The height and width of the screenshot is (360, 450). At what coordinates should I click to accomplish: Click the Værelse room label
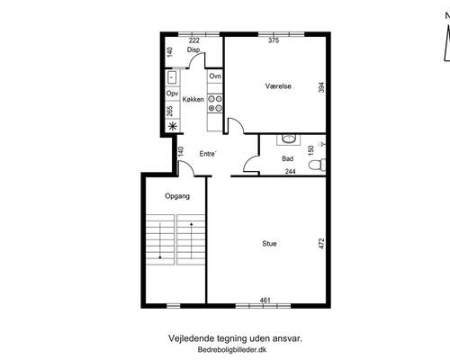click(278, 86)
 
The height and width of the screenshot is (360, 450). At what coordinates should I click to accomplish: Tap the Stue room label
click(269, 243)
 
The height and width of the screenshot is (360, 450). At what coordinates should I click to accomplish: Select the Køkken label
click(193, 99)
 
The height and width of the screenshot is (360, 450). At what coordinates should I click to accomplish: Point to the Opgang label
click(177, 196)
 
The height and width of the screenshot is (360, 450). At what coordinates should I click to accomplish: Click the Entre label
click(208, 154)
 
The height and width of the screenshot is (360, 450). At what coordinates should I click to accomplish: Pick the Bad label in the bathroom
click(287, 158)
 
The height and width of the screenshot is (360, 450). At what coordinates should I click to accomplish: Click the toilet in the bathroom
click(317, 165)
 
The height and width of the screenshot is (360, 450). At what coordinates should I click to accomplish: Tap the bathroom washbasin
click(289, 139)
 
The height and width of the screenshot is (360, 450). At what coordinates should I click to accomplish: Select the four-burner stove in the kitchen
click(215, 103)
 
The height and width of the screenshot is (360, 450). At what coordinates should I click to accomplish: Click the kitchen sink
click(172, 77)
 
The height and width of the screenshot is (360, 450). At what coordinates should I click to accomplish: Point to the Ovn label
click(215, 76)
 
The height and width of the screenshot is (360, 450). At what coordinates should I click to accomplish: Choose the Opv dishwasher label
click(172, 94)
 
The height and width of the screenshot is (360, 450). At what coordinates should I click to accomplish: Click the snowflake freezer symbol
click(172, 126)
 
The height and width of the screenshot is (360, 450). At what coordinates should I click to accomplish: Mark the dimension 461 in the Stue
click(265, 300)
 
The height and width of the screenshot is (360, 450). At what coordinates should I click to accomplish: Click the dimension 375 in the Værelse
click(274, 40)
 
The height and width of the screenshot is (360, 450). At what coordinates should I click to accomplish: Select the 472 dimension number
click(321, 244)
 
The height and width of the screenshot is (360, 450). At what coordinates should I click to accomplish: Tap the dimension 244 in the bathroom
click(291, 171)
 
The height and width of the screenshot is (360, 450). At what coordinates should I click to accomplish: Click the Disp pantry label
click(193, 49)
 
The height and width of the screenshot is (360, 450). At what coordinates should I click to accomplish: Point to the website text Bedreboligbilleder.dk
click(232, 349)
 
